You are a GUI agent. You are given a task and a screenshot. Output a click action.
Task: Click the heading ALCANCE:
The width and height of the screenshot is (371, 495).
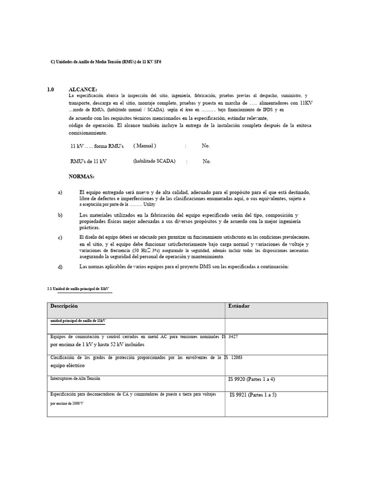pos(83,89)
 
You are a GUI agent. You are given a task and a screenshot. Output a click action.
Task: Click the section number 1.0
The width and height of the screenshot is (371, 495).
pos(51,89)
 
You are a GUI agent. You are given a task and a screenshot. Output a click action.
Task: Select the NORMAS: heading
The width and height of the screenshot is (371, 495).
pos(82,176)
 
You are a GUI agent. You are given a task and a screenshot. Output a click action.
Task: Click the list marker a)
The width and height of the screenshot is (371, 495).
pos(60,192)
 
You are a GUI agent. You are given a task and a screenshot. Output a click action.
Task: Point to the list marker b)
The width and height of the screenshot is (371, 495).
pos(60,215)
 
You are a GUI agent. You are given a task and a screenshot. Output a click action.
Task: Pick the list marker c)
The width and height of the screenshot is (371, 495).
pos(60,237)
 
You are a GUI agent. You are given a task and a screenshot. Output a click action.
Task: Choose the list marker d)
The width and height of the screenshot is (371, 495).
pos(60,266)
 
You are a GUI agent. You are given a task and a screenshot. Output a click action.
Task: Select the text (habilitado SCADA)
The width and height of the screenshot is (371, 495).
pos(154,161)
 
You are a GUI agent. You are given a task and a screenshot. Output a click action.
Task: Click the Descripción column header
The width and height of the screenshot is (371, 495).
pos(64,306)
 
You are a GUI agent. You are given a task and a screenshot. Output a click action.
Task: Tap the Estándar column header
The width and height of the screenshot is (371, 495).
pos(239,306)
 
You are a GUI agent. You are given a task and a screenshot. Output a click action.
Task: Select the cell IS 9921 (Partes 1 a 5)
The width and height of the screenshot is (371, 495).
pos(253,395)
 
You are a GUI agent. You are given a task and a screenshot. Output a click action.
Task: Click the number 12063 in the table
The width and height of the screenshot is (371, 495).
pos(236,357)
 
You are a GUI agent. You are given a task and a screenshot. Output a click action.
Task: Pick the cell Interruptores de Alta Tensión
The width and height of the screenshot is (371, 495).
pos(76,379)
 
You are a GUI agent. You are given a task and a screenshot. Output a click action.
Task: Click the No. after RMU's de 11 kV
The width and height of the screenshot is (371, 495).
pos(207,161)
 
